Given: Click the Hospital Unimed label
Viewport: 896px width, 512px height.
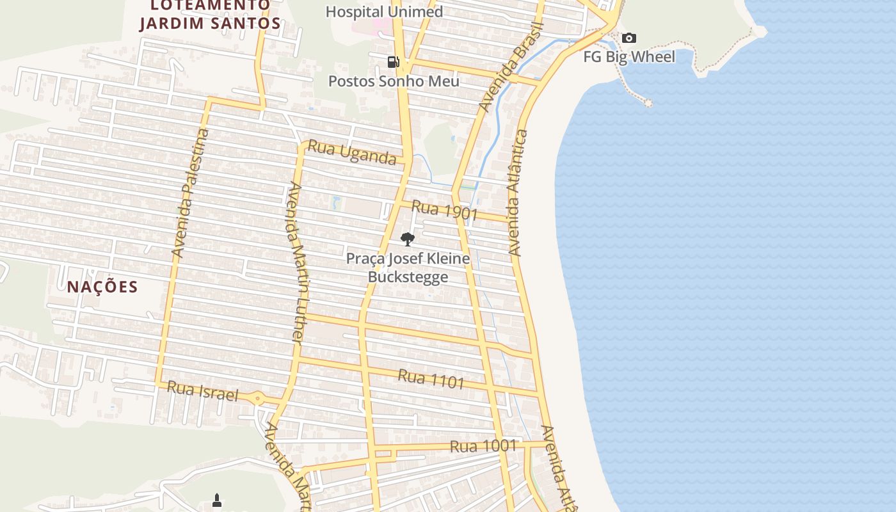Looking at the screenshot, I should point(384,12).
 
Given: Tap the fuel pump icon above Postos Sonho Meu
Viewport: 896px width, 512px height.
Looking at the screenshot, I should point(394,61).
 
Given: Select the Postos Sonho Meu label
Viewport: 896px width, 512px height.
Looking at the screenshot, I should point(394,81).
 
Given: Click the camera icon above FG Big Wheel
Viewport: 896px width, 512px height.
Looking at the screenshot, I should point(629,38).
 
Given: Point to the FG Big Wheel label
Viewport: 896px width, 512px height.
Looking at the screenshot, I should point(629,57).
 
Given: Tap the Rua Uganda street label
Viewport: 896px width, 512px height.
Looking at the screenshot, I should point(352,152).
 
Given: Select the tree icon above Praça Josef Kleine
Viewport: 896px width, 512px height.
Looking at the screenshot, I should point(407,239).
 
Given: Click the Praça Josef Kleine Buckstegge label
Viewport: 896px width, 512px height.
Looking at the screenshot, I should point(408,268).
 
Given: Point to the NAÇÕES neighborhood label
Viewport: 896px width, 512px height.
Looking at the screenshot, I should point(102,287).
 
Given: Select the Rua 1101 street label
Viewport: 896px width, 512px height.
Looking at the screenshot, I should point(431,378).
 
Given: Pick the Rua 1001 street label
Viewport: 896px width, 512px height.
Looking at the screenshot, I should point(483,445).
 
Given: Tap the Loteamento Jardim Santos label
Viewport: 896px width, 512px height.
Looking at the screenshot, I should point(210,15).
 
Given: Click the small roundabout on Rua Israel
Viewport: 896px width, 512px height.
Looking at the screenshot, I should point(257,398).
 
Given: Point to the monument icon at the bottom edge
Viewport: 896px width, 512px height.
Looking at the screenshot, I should point(217,500).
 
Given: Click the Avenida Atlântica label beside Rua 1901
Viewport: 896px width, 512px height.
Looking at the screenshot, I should point(518,193).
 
